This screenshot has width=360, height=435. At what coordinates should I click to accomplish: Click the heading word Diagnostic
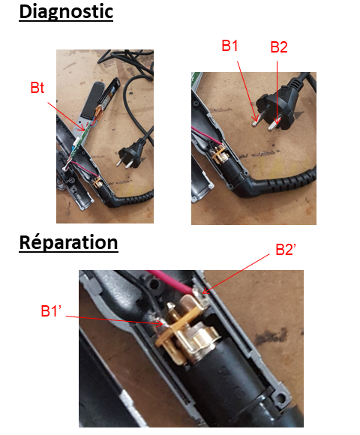click(66, 12)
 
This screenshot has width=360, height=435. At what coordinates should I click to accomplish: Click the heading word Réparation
click(68, 243)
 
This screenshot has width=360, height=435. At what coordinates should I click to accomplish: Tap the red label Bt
click(37, 88)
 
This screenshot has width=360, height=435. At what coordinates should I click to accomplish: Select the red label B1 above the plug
click(229, 46)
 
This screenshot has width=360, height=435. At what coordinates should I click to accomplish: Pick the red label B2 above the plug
click(279, 47)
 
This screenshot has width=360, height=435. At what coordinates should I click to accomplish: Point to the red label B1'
click(51, 310)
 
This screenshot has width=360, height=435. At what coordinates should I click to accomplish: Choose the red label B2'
click(286, 250)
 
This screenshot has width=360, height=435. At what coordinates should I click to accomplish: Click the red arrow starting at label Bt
click(66, 116)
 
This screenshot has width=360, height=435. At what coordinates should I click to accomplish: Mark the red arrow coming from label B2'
click(235, 274)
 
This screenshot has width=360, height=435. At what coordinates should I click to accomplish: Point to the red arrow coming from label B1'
click(114, 319)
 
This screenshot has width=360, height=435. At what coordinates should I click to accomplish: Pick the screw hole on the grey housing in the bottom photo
click(282, 397)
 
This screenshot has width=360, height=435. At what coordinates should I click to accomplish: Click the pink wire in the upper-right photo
click(207, 135)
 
